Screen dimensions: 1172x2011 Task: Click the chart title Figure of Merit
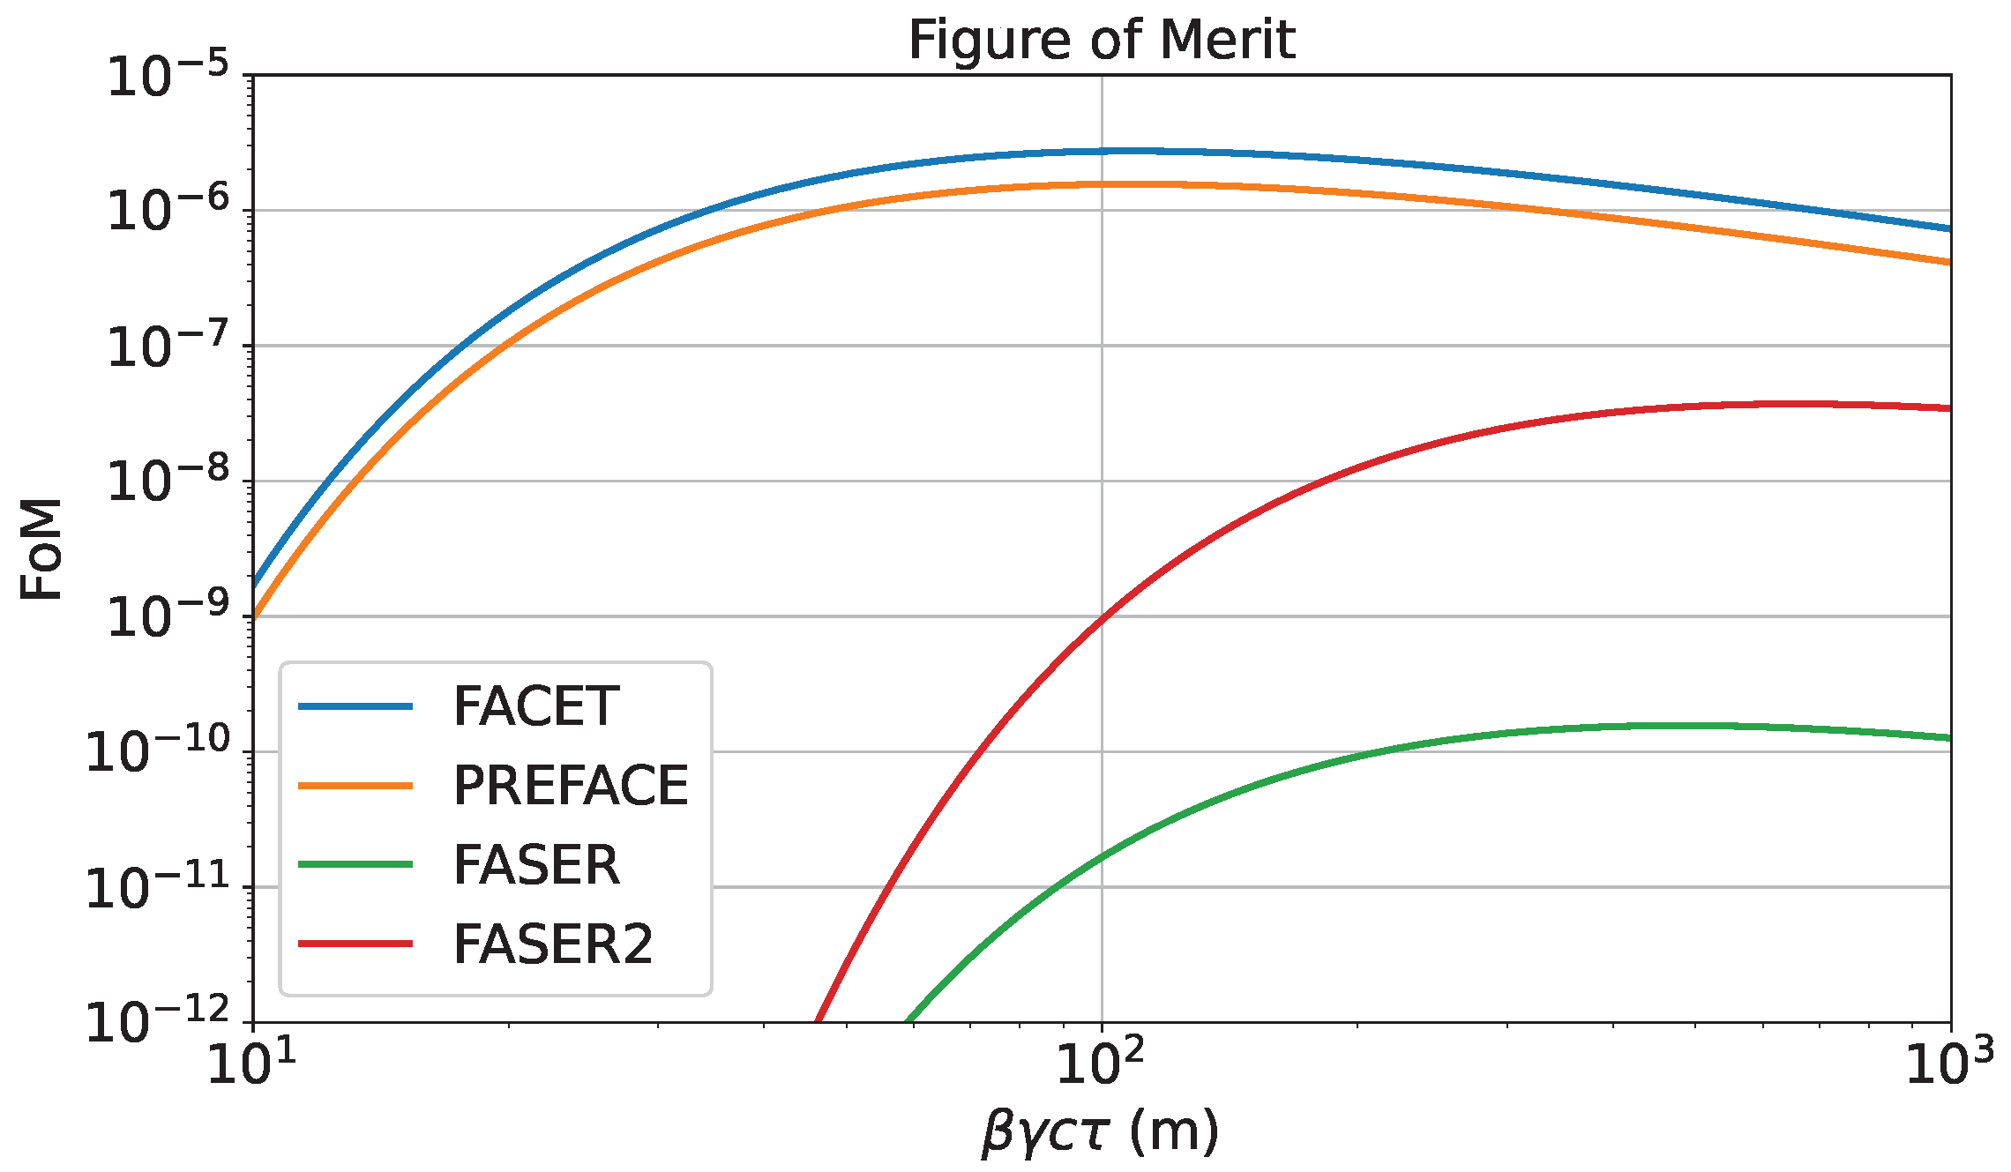click(1101, 40)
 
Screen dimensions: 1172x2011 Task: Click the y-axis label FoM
click(41, 549)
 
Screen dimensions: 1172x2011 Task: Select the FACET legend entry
click(536, 706)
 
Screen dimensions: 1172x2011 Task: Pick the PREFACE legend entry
click(570, 786)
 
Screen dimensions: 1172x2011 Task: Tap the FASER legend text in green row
click(536, 865)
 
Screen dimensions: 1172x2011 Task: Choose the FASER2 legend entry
click(553, 944)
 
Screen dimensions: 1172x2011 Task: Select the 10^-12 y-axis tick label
click(157, 1023)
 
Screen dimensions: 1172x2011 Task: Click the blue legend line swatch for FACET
click(355, 706)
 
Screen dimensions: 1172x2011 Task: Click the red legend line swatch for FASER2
click(355, 944)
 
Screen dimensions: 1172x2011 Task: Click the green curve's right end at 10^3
click(1948, 738)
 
